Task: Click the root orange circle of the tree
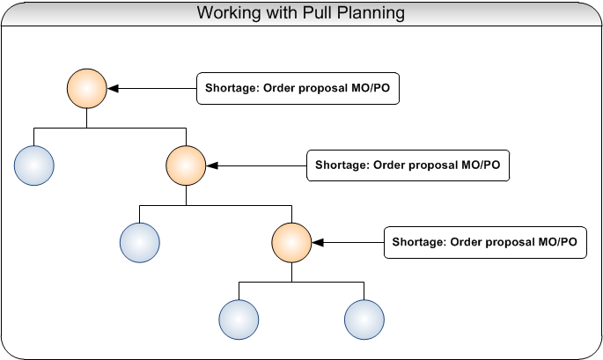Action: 87,89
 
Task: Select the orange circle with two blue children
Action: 291,243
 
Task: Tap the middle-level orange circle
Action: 186,165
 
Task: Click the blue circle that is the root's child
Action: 34,165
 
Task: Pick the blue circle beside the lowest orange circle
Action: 140,243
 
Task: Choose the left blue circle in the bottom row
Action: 239,320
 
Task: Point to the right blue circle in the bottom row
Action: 364,320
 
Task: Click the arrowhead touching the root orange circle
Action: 113,89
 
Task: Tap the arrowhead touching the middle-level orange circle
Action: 212,165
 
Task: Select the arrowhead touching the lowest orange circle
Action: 317,243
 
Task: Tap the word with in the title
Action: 282,12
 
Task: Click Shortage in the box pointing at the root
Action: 232,88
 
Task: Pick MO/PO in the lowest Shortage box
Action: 557,242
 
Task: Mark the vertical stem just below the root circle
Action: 86,118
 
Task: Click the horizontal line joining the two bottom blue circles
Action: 301,283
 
